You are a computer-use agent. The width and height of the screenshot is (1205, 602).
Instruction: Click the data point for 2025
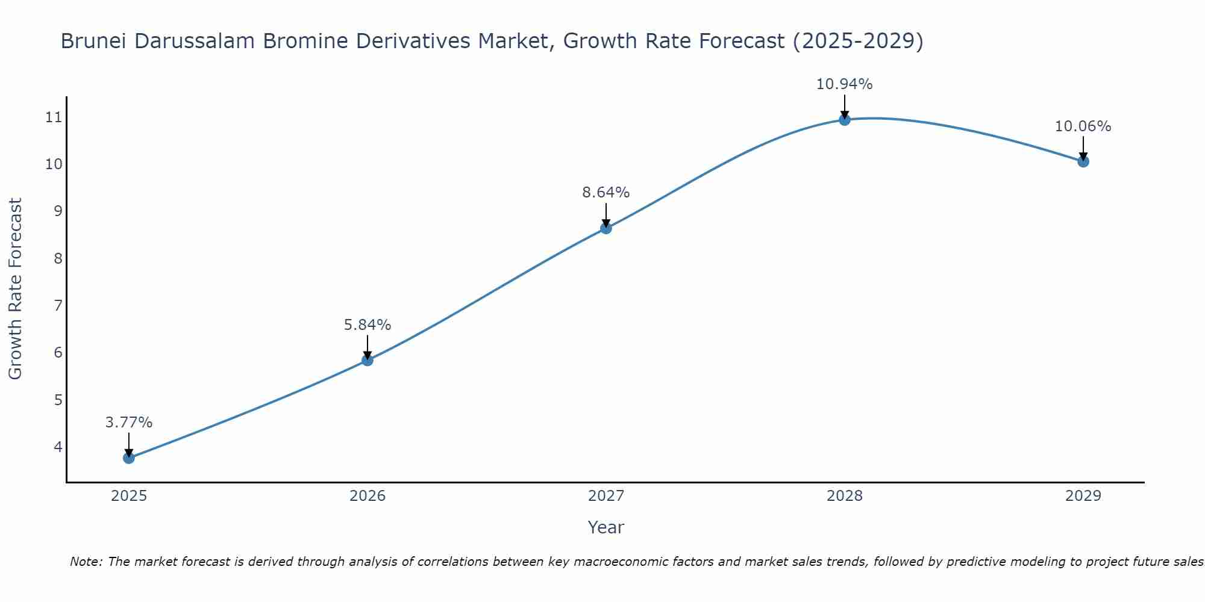[129, 458]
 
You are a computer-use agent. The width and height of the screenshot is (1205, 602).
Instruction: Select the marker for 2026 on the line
[368, 361]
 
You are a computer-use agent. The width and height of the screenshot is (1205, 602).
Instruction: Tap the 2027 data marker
[606, 228]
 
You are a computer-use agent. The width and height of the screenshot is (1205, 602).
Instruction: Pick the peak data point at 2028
[845, 120]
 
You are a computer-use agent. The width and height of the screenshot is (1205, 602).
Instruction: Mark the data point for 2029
[1083, 161]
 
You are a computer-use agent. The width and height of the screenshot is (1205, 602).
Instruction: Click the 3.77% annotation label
[129, 423]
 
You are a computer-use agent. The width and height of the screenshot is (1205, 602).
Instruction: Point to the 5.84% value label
[368, 325]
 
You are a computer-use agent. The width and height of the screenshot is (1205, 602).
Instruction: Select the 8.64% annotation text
[606, 193]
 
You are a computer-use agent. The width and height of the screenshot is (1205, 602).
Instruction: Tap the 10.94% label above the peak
[845, 84]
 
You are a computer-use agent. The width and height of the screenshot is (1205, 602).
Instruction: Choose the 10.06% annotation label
[1083, 126]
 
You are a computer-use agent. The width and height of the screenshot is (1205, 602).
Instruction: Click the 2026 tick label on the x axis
[368, 496]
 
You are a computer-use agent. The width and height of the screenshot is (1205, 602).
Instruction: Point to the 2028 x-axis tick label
[845, 496]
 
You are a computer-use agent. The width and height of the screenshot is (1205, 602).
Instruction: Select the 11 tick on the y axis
[54, 117]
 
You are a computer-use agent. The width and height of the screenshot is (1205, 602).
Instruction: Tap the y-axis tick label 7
[58, 306]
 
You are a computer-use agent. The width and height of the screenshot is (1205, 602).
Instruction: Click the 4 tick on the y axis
[58, 447]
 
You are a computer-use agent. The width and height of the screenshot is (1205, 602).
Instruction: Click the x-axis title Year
[606, 527]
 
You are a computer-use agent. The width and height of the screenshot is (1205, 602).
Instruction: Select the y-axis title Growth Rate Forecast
[16, 289]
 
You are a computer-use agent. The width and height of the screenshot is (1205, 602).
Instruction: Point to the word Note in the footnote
[87, 562]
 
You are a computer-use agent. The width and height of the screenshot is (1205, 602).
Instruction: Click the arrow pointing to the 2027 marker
[606, 216]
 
